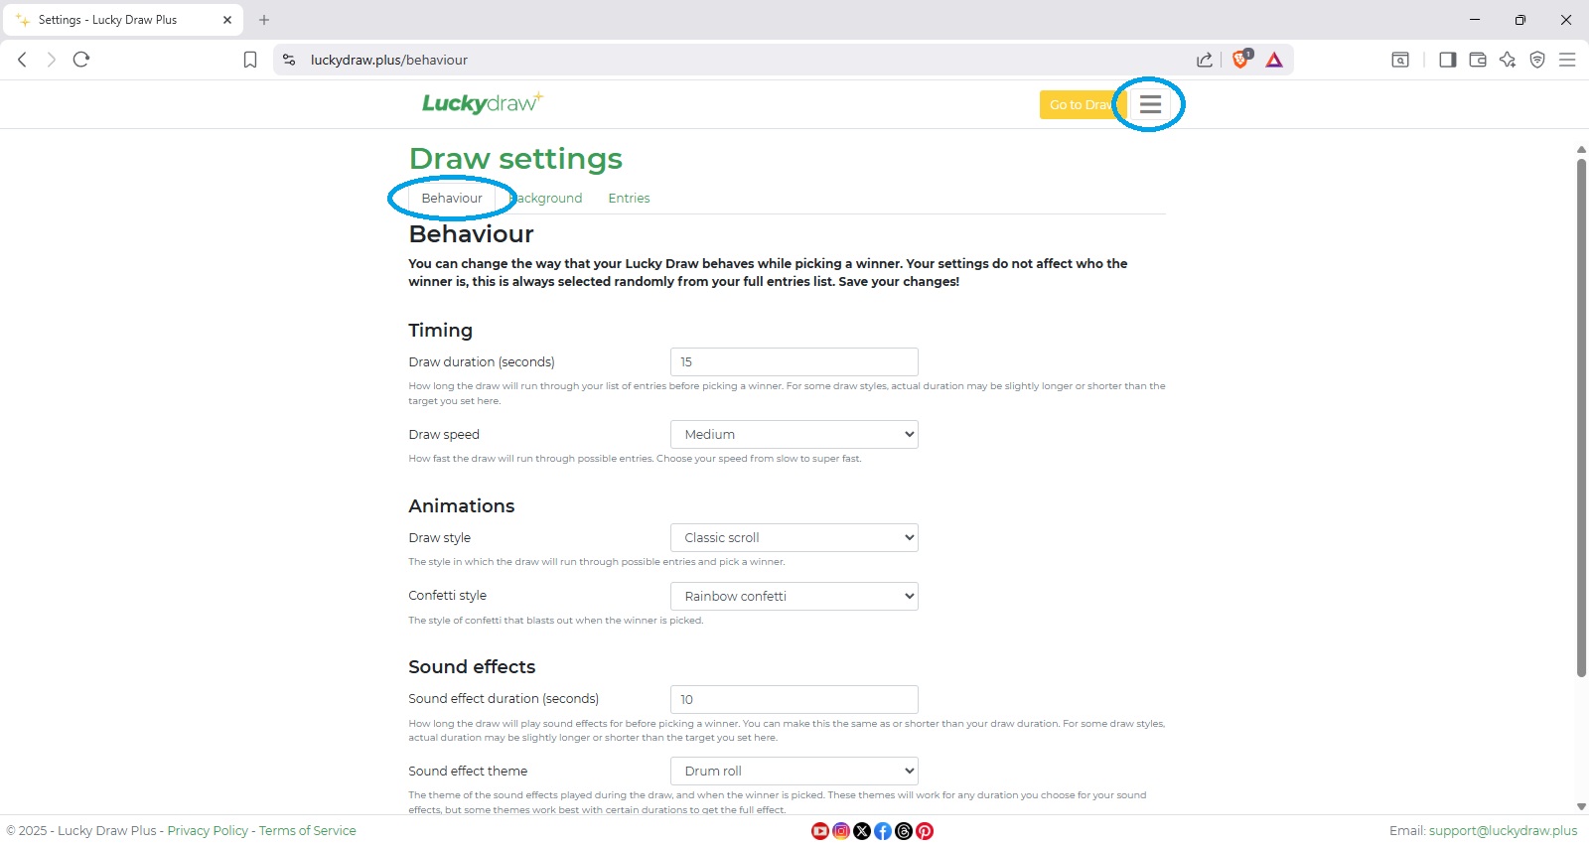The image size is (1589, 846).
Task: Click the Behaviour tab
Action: pos(452,199)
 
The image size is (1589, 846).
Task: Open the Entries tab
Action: pos(629,199)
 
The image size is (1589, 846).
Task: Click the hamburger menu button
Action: pos(1150,104)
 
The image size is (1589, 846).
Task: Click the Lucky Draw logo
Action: pos(482,103)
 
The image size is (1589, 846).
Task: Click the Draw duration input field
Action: pos(794,361)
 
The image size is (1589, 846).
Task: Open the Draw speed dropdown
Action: pos(794,435)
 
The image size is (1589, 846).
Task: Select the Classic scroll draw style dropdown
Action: pos(794,538)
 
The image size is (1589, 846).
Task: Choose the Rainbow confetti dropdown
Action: pos(794,597)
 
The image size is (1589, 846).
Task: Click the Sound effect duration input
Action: pos(794,699)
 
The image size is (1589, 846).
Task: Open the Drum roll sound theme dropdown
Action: pos(794,772)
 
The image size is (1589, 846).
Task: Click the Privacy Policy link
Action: pos(208,831)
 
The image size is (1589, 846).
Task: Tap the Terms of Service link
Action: pos(307,831)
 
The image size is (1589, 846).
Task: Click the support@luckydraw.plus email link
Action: pos(1503,831)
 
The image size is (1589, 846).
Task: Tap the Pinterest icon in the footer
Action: pos(925,831)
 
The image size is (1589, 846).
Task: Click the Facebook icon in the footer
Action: pos(883,831)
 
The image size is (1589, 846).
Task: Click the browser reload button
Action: pos(81,60)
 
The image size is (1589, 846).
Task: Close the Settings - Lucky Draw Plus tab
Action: pos(227,20)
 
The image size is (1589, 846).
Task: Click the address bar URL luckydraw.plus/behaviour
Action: pos(388,60)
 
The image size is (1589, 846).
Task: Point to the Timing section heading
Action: pos(440,331)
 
